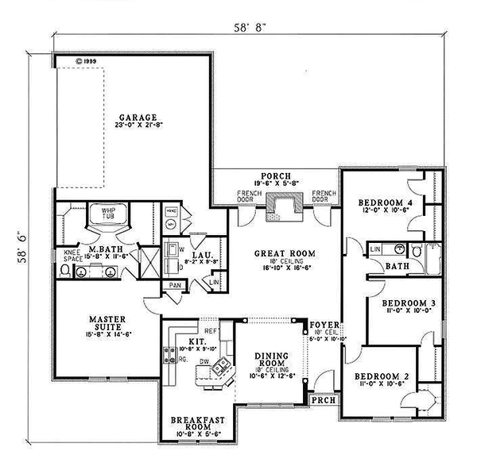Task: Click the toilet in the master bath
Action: [65, 271]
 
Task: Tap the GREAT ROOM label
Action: [285, 254]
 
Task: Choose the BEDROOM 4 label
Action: [385, 203]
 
